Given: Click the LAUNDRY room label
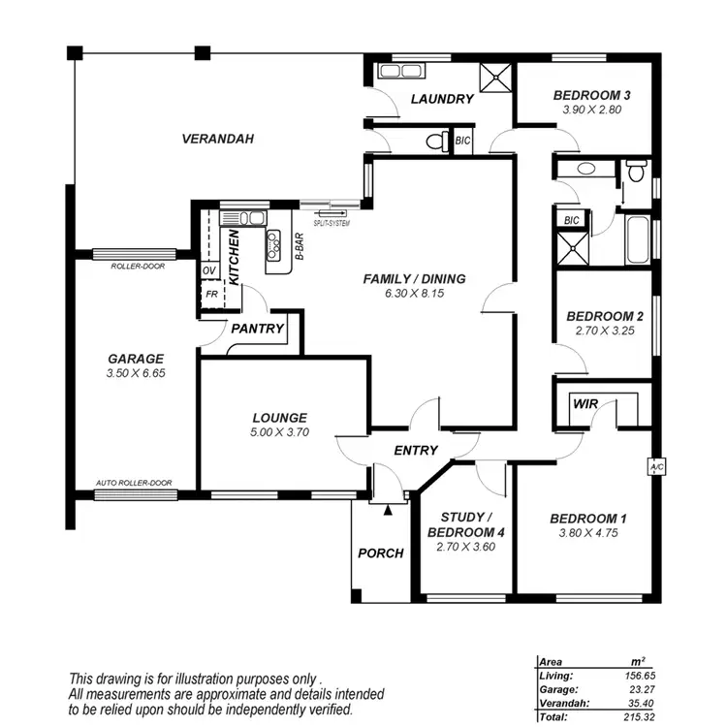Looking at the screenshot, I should (x=441, y=99).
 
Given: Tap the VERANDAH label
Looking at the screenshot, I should (x=217, y=139).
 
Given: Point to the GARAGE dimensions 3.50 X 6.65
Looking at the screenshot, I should (x=136, y=372).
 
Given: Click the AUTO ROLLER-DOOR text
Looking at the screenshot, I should (x=134, y=483).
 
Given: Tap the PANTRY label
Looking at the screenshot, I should (x=258, y=329).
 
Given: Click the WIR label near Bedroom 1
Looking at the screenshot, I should (x=585, y=403).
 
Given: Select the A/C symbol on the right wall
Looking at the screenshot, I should (x=656, y=467).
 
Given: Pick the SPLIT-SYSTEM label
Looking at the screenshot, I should (x=325, y=223).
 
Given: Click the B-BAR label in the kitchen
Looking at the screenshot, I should (x=299, y=247).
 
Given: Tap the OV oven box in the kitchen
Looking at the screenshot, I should (x=209, y=270).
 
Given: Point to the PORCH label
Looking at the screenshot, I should (x=380, y=553).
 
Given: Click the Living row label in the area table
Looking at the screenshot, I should (x=556, y=675).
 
